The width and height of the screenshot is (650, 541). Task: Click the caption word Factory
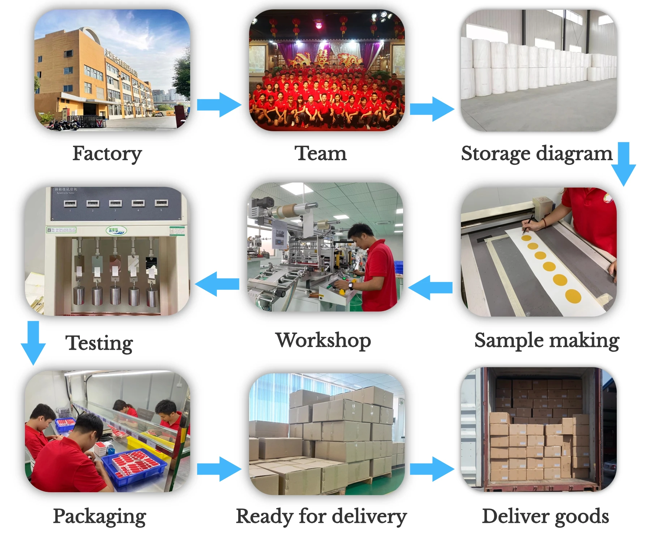coord(107,154)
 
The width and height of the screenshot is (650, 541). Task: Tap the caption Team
coord(320,153)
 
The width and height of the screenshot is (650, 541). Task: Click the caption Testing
coord(99,343)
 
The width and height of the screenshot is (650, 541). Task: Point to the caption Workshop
coord(323,340)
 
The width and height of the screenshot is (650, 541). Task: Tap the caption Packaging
coord(99,516)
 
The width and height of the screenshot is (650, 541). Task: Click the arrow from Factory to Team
coord(219,105)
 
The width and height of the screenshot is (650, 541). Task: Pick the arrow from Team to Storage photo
coord(432,108)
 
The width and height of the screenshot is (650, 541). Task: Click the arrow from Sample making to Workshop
coord(431,288)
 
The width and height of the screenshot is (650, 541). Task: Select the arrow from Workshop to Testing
coord(217,284)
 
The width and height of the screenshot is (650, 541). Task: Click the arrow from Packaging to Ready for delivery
coord(219,469)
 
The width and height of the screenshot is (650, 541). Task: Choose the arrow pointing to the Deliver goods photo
coord(432,469)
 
